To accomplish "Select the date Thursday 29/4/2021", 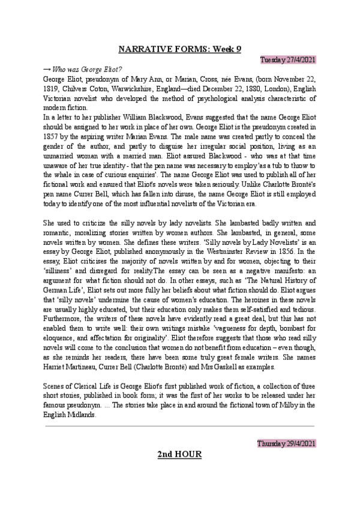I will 286,443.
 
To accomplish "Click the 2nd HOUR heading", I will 179,455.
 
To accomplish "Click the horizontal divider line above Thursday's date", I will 179,427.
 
